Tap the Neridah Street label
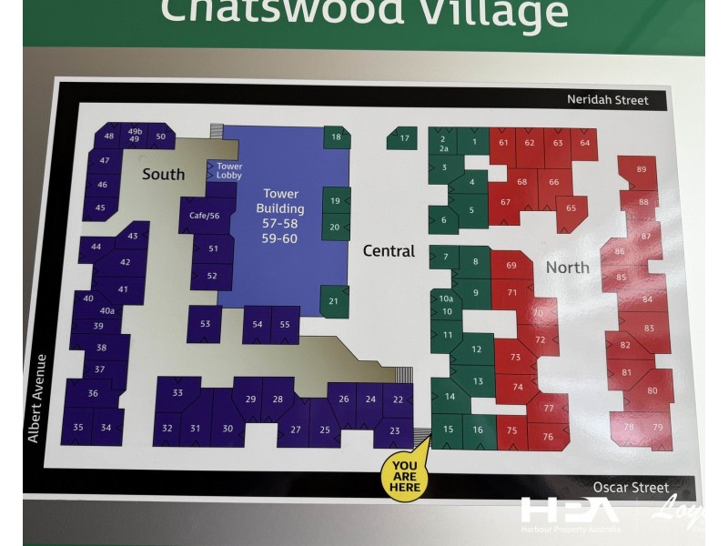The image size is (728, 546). pos(608,99)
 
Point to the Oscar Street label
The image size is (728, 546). pos(631,488)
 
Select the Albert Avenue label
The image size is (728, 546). pos(35,399)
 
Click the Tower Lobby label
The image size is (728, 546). pos(228,170)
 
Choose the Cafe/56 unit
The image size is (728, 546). pos(205,216)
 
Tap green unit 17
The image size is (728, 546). pos(403,138)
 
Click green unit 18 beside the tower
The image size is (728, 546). pos(336,137)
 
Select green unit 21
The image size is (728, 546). pos(334,301)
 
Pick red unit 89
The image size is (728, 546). pos(642,169)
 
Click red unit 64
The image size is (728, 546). pos(585,143)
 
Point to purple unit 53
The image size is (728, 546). pos(205,324)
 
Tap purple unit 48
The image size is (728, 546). pos(109,136)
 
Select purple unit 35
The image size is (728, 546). pos(78,428)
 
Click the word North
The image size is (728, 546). pos(567,268)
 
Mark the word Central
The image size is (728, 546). pos(389,251)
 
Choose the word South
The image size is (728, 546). pos(164,174)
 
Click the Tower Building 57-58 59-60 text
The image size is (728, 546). pos(280,216)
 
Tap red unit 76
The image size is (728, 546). pos(547,437)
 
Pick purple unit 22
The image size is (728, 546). pos(398,399)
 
